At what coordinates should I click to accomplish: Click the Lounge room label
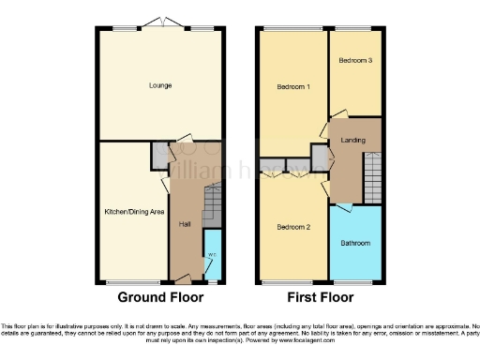(158, 85)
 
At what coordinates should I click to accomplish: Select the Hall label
(186, 224)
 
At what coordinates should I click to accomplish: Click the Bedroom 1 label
(293, 88)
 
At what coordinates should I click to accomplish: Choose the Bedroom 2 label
(293, 227)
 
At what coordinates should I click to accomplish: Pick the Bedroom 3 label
(355, 60)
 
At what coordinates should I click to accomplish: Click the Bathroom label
(355, 244)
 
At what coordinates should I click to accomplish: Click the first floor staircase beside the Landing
(372, 177)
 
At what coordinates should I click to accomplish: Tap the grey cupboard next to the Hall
(159, 156)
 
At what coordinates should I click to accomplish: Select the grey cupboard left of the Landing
(320, 157)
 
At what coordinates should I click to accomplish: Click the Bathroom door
(345, 204)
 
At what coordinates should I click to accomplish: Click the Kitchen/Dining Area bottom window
(125, 281)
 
